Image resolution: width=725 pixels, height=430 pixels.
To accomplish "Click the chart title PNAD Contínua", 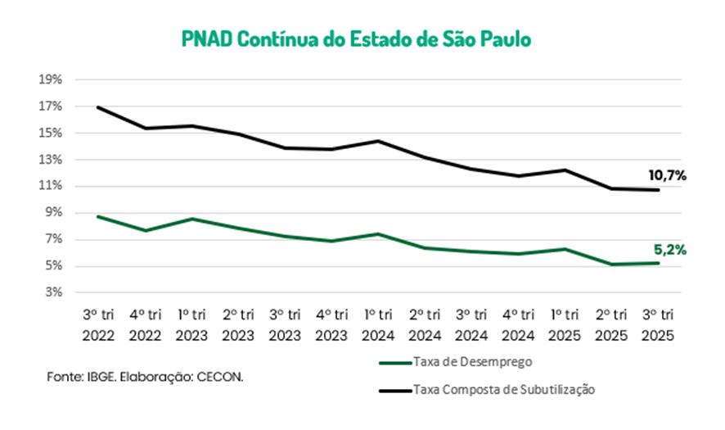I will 356,38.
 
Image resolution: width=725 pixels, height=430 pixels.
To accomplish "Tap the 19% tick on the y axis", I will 51,80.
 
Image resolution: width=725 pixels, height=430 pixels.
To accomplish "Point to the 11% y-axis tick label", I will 51,186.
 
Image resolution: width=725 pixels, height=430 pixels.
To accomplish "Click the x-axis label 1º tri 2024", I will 378,324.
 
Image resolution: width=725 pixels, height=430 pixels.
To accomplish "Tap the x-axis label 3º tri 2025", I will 658,324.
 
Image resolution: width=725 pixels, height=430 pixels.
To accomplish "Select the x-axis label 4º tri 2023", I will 331,324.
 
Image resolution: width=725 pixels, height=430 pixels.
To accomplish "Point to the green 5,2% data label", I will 669,251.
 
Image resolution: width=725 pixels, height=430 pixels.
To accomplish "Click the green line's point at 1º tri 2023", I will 192,219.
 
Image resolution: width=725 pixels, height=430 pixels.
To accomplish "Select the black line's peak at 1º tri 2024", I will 378,141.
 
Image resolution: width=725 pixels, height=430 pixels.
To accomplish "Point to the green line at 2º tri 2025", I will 611,265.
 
